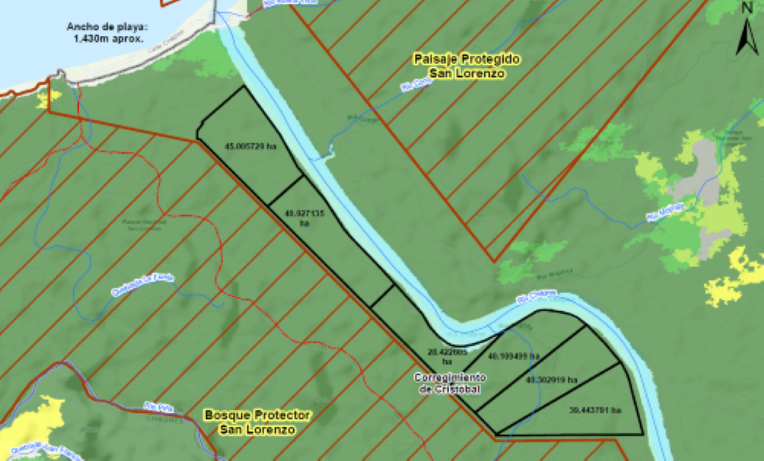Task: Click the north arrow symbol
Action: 747,37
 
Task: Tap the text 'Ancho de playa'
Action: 109,27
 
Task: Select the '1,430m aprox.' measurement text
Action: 109,38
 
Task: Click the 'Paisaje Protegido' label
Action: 467,58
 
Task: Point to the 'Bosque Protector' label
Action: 257,415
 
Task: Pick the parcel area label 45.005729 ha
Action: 251,147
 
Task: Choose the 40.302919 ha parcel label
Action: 551,380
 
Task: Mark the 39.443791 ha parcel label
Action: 595,410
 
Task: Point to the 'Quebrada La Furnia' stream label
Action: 142,284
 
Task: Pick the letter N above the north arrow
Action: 747,8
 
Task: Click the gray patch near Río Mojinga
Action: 705,172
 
